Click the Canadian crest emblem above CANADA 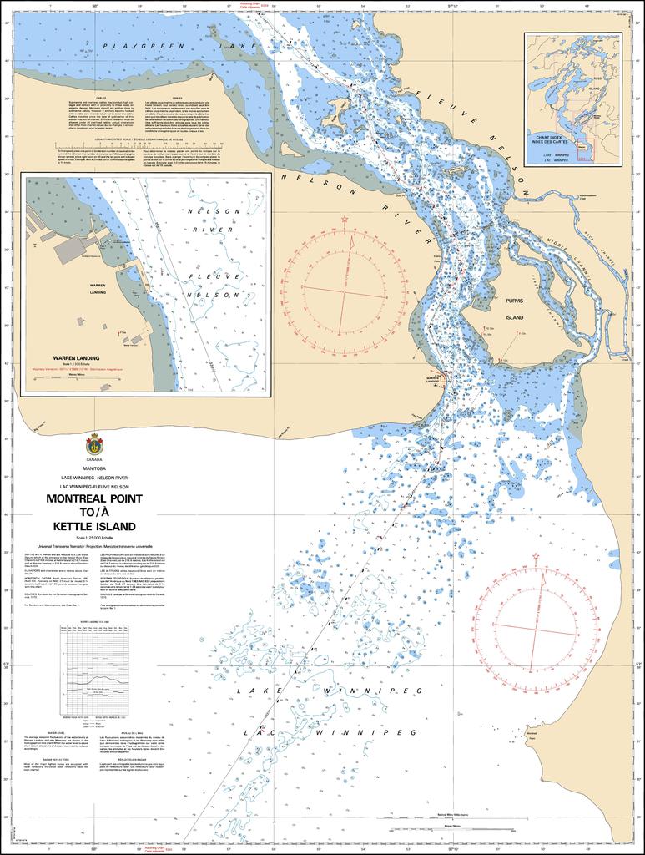[94, 445]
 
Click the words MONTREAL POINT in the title [93, 498]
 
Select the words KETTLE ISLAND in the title [93, 526]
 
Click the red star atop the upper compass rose [345, 220]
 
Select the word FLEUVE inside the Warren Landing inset [203, 276]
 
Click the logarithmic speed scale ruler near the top [139, 148]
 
